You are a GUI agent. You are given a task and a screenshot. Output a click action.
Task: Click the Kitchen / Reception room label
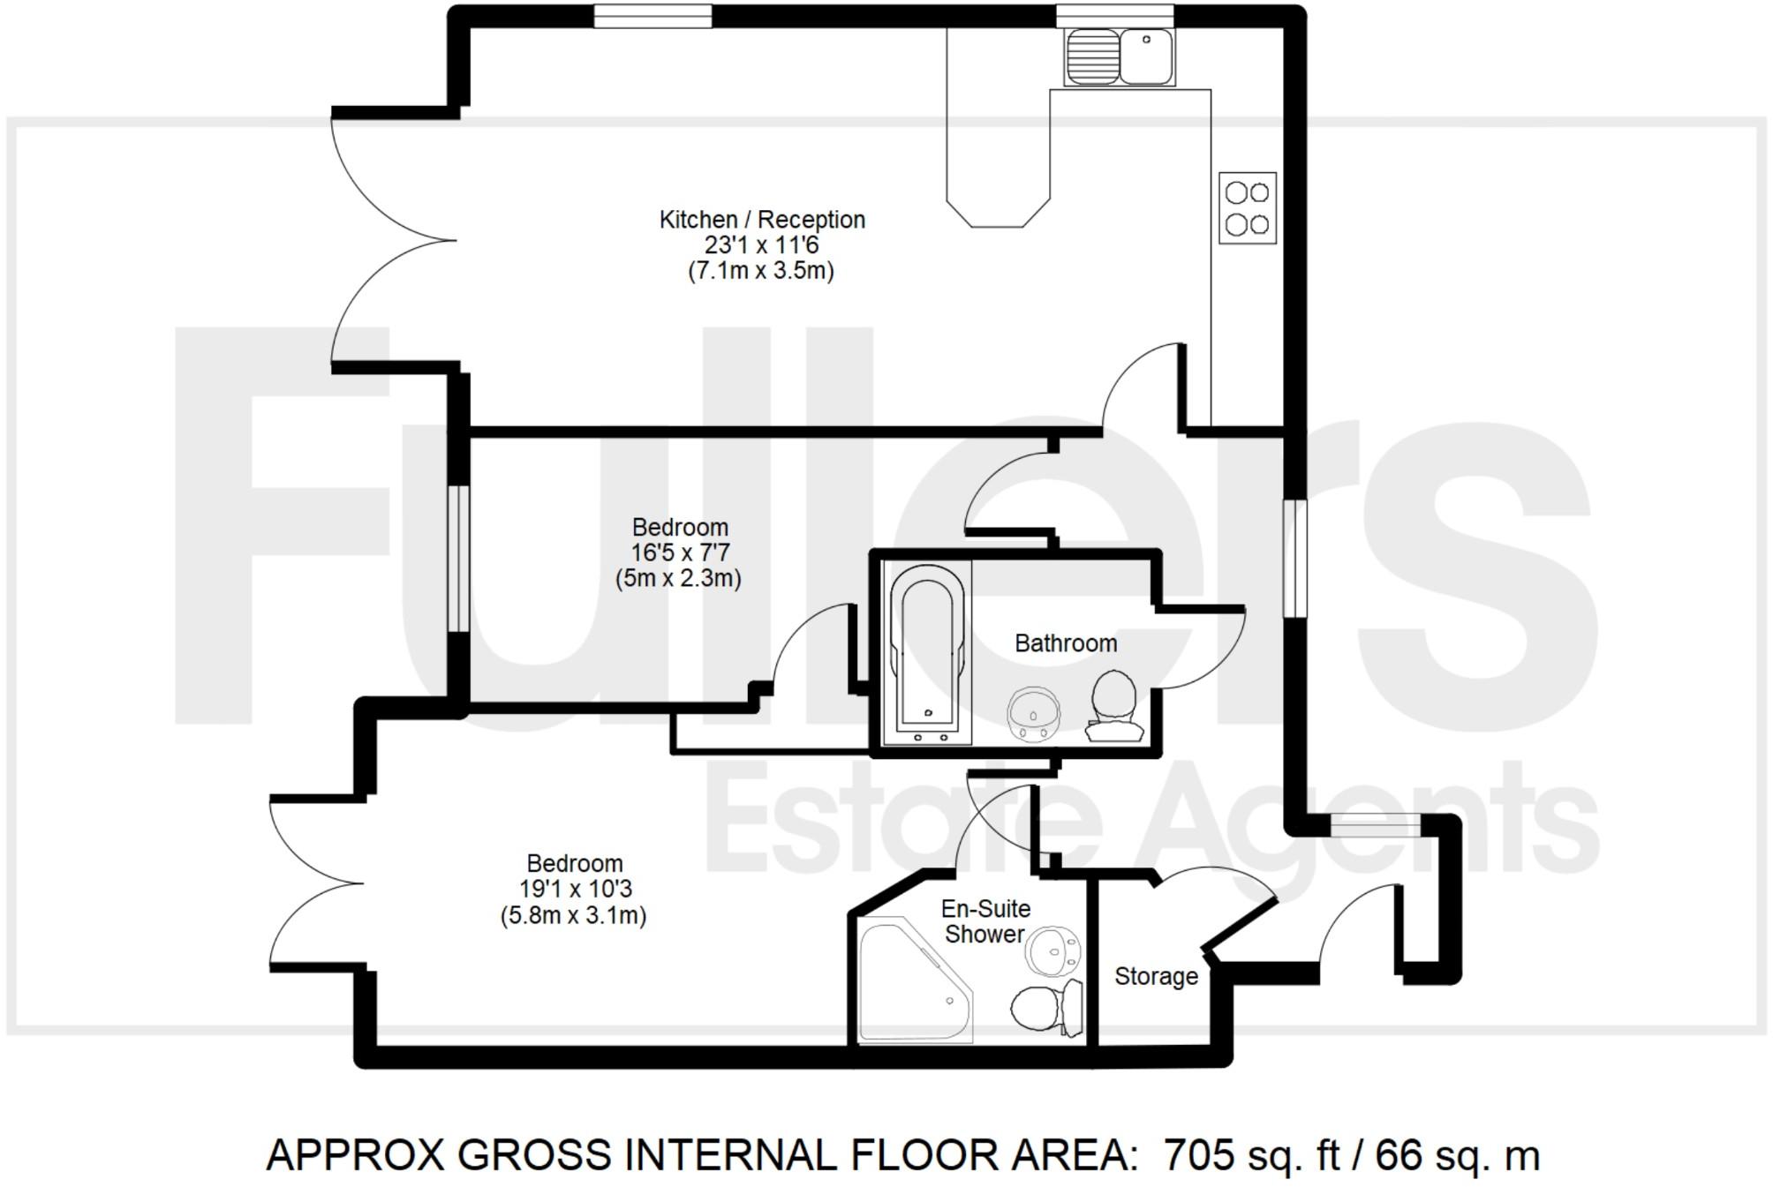pyautogui.click(x=762, y=220)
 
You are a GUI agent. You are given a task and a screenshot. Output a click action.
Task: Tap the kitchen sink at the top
pyautogui.click(x=1120, y=56)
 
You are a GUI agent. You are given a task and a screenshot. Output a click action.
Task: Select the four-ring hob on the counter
pyautogui.click(x=1248, y=207)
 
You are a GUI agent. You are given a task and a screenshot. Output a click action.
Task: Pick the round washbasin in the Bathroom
pyautogui.click(x=1032, y=711)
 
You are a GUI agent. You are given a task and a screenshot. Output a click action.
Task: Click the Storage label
pyautogui.click(x=1156, y=976)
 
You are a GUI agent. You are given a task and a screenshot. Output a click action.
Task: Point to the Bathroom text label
pyautogui.click(x=1066, y=643)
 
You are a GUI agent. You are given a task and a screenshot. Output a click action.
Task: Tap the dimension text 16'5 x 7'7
pyautogui.click(x=680, y=553)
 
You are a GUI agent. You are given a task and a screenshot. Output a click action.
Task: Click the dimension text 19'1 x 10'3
pyautogui.click(x=575, y=890)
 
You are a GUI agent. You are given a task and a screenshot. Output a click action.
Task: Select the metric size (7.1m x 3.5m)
pyautogui.click(x=761, y=270)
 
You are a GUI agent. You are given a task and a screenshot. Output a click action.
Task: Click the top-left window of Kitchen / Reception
pyautogui.click(x=652, y=15)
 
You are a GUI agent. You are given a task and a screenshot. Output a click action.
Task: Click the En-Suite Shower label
pyautogui.click(x=985, y=921)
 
